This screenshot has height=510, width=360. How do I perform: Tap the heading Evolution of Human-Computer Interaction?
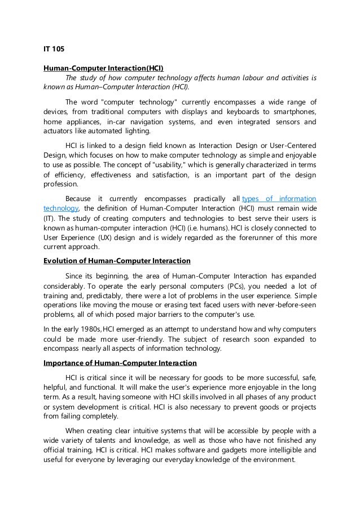117,260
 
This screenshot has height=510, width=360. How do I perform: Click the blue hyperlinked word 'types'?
253,199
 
